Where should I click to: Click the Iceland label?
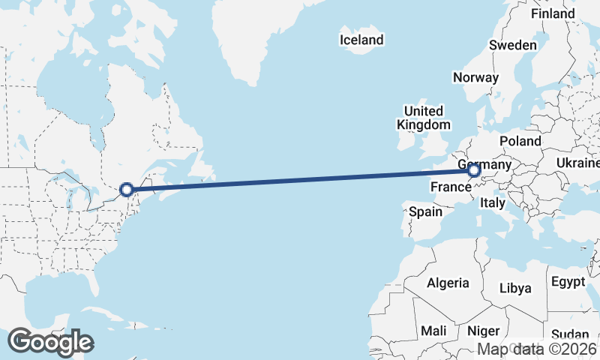361,40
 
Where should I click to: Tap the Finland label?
553,13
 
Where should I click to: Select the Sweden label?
513,45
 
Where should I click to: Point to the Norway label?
475,77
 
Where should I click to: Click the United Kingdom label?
424,118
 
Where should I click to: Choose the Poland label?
520,141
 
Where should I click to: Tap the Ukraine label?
577,163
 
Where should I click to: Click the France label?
450,185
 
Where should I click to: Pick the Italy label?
493,202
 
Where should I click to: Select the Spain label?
425,211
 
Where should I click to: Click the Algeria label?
448,283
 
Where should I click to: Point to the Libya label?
515,288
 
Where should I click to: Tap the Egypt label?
568,282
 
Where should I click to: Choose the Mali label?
433,331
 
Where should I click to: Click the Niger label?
483,331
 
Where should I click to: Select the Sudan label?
570,334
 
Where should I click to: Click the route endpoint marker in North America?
127,190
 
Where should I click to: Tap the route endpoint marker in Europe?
474,171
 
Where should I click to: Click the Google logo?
50,342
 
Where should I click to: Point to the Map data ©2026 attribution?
537,349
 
